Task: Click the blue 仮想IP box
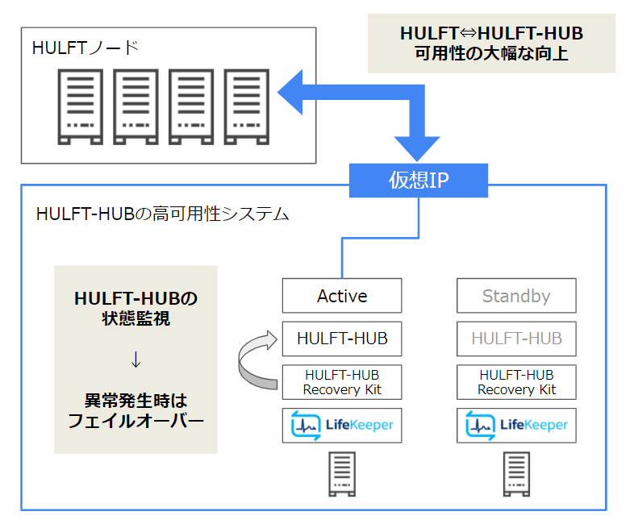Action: pyautogui.click(x=418, y=181)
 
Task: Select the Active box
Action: pyautogui.click(x=342, y=296)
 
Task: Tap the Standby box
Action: pyautogui.click(x=516, y=296)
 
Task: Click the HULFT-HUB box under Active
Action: pyautogui.click(x=342, y=339)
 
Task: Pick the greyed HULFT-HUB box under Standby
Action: pyautogui.click(x=516, y=339)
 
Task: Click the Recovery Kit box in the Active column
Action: pyautogui.click(x=342, y=382)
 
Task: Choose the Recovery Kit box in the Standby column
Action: pyautogui.click(x=516, y=382)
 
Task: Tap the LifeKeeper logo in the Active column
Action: pyautogui.click(x=342, y=425)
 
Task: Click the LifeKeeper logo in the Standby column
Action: pyautogui.click(x=516, y=425)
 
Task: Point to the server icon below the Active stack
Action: pyautogui.click(x=342, y=474)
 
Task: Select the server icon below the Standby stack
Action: pyautogui.click(x=516, y=474)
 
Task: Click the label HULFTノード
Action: pyautogui.click(x=86, y=48)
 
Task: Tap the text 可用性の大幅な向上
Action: pyautogui.click(x=491, y=55)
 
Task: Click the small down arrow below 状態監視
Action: pyautogui.click(x=136, y=360)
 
